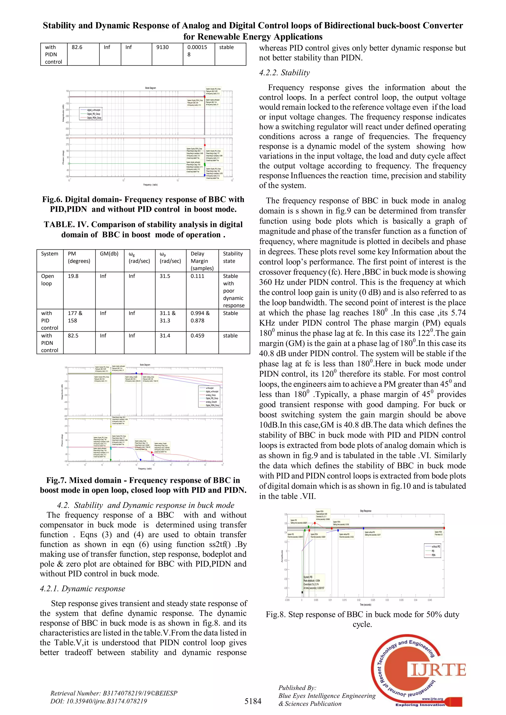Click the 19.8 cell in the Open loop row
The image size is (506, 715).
73,276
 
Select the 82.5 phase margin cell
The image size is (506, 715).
73,336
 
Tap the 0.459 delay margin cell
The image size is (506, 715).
197,336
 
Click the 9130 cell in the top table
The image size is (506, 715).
162,47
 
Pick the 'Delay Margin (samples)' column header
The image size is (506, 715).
202,261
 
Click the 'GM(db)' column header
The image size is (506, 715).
109,254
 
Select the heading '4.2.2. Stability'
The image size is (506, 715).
284,73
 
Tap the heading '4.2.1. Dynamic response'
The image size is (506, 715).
82,589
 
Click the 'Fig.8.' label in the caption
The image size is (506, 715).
275,615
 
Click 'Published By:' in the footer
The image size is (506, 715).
297,688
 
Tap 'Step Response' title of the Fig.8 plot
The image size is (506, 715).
365,511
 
